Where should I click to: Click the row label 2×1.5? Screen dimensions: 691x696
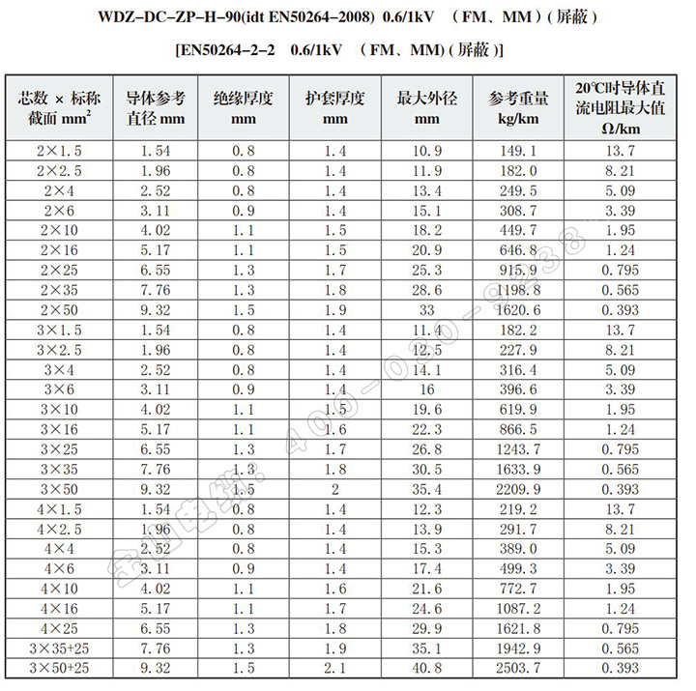(x=59, y=151)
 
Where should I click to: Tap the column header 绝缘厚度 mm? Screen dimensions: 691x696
(x=243, y=106)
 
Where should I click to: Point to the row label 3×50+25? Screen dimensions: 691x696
(x=59, y=669)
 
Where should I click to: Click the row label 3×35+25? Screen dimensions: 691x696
(x=59, y=648)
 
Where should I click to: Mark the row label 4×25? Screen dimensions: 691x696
(x=59, y=627)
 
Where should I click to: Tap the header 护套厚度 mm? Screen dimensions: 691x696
(x=334, y=106)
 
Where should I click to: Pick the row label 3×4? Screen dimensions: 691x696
(x=59, y=368)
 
